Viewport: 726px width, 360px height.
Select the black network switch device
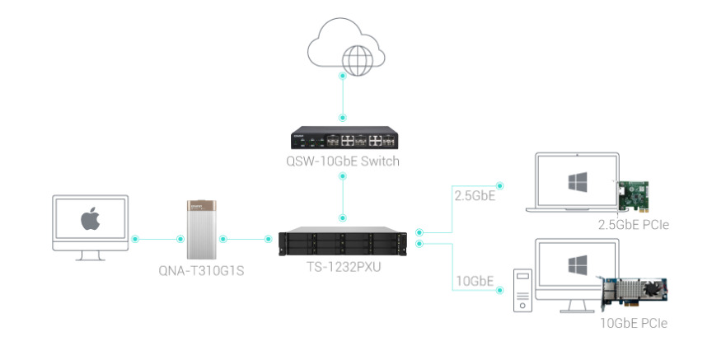click(343, 138)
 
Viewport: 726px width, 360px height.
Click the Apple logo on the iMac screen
click(90, 220)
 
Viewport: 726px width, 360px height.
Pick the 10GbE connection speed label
click(475, 281)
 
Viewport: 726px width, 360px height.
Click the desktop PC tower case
click(522, 291)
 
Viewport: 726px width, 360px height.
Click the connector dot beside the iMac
click(135, 239)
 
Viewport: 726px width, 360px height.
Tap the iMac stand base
click(90, 255)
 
